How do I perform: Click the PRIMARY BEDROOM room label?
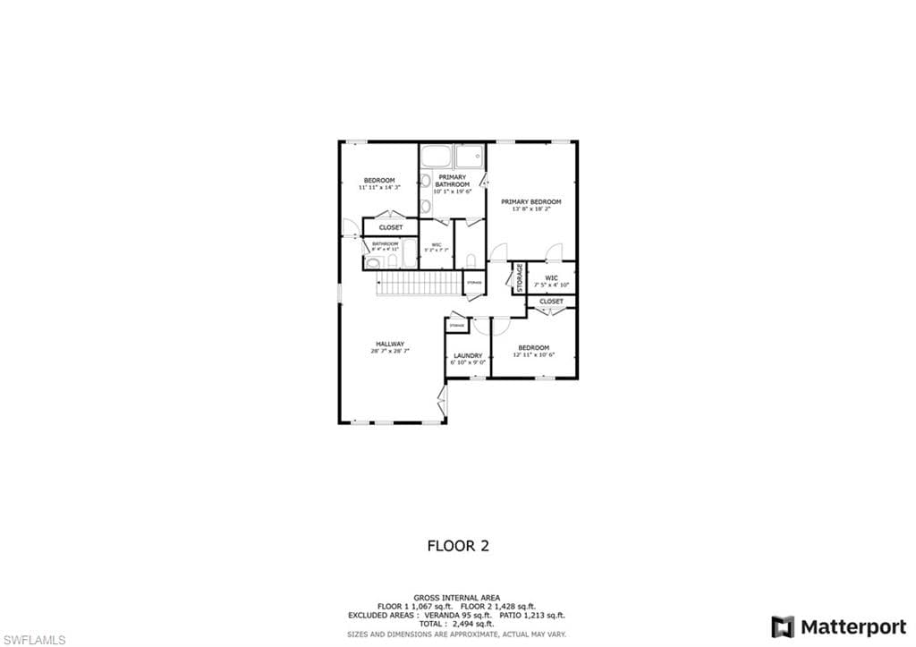530,202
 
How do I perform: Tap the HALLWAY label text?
389,344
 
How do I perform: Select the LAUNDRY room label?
468,355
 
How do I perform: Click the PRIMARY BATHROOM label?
452,181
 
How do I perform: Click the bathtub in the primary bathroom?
437,157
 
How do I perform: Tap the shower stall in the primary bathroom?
470,157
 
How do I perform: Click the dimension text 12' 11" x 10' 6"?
534,355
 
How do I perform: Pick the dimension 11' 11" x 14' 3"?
379,188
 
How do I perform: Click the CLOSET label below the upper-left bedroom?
390,228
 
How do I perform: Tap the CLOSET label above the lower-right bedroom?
552,302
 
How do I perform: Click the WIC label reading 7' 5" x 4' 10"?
551,281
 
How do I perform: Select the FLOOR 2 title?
458,546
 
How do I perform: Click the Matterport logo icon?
783,626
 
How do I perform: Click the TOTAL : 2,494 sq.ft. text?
458,624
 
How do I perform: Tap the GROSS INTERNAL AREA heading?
458,598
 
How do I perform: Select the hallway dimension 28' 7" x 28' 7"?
389,352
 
